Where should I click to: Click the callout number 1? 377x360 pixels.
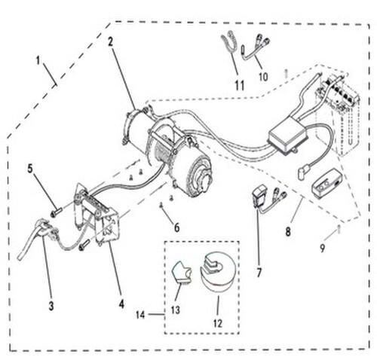[x=38, y=60]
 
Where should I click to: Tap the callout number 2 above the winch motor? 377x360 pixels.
[x=111, y=42]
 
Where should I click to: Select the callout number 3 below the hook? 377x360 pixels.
[x=51, y=306]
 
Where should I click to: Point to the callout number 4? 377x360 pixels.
[x=121, y=304]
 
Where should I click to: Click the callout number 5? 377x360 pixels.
[x=30, y=169]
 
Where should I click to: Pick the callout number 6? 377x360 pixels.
[x=177, y=227]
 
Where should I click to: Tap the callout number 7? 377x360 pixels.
[x=259, y=272]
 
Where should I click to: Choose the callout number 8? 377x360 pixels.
[x=288, y=231]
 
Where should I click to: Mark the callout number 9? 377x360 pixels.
[x=323, y=248]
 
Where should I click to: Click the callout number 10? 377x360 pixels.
[x=263, y=77]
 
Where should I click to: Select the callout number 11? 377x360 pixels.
[x=240, y=86]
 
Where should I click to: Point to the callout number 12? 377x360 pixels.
[x=218, y=323]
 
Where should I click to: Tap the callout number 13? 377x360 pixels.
[x=176, y=310]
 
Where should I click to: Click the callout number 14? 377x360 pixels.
[x=140, y=315]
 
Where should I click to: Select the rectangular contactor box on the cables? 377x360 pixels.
[x=288, y=136]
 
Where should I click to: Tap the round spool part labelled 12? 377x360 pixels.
[x=218, y=271]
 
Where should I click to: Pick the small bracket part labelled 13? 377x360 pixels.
[x=182, y=273]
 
